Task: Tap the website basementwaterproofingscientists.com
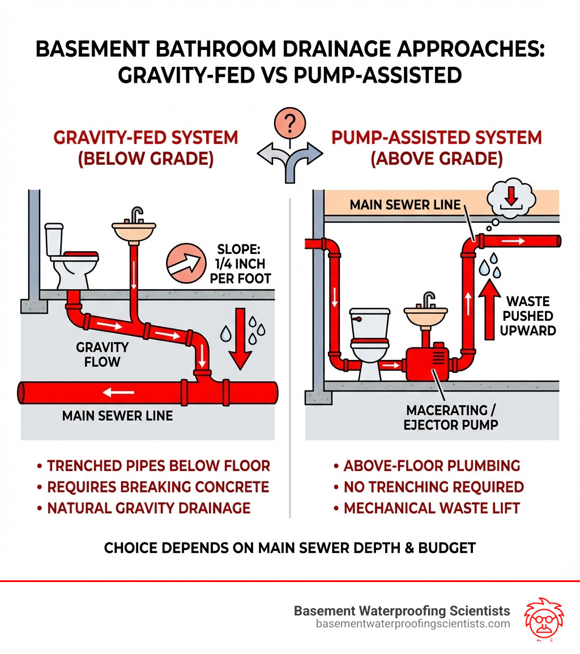pos(413,624)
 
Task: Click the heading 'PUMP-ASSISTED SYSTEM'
pos(436,138)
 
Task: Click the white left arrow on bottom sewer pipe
pos(119,392)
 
